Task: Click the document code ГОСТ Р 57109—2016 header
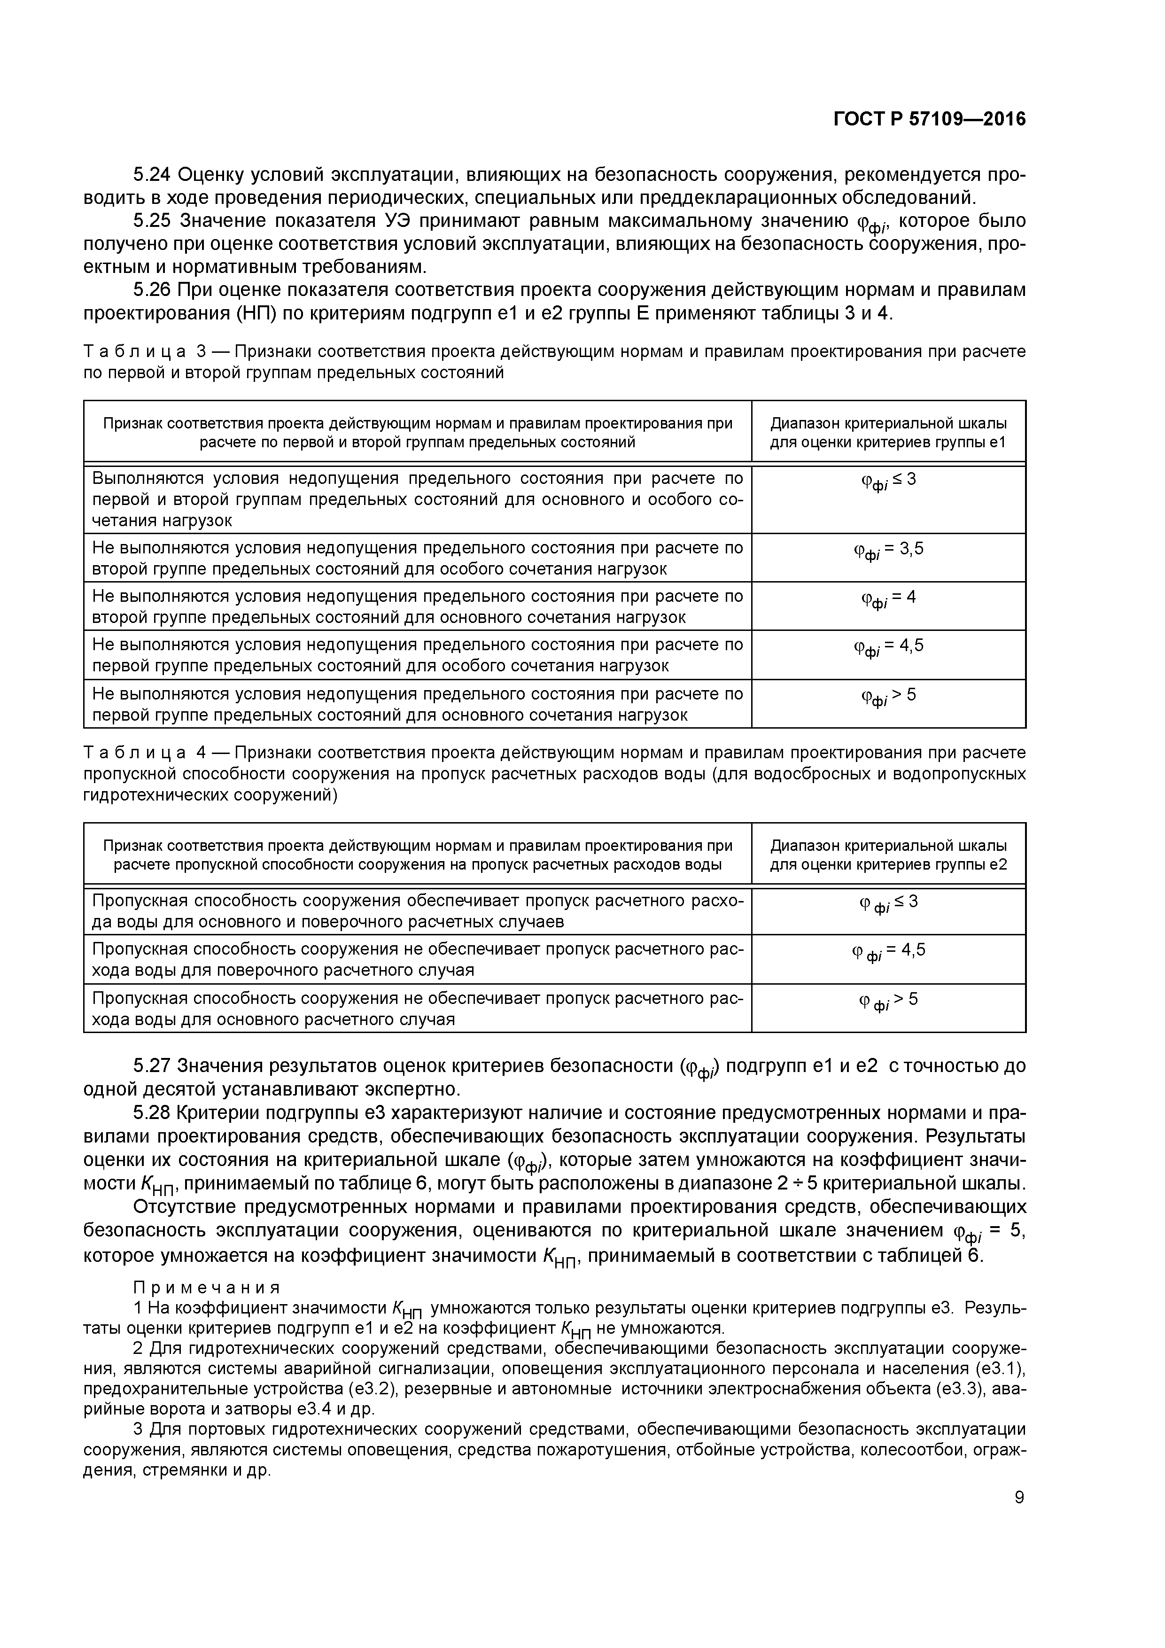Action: [930, 119]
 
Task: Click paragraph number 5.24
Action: [152, 174]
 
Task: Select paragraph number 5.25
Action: [153, 220]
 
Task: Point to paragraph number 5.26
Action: [152, 289]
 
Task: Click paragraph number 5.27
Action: [152, 1066]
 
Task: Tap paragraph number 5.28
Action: [152, 1112]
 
